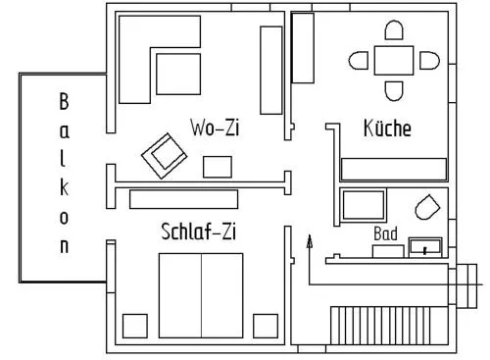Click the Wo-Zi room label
coord(215,128)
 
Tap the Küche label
coord(387,128)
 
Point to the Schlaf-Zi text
coord(198,231)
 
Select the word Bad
coord(385,233)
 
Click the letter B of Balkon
coord(64,101)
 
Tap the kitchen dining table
coord(394,61)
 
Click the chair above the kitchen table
coord(394,30)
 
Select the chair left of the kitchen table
coord(359,61)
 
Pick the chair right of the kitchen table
coord(429,61)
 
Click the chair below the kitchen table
coord(394,91)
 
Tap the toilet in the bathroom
coord(427,207)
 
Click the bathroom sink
coord(425,247)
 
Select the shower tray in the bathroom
coord(364,205)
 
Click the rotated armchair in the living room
coord(165,156)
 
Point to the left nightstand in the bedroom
coord(135,326)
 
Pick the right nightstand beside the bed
coord(266,326)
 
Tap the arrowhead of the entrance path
coord(310,241)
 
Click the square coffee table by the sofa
coord(178,75)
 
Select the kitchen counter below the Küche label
coord(394,170)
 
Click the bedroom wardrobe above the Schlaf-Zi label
coord(183,199)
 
